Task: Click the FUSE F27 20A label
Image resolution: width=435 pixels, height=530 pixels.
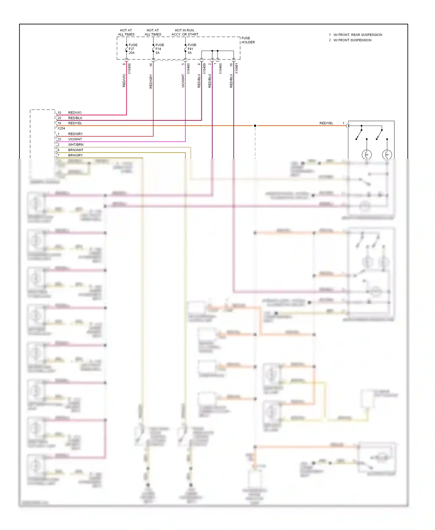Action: point(133,49)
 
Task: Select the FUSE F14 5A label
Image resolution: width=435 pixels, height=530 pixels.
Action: point(159,49)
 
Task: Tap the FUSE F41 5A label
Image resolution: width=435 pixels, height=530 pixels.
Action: point(192,49)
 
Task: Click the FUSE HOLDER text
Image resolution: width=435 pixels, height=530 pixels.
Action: point(248,40)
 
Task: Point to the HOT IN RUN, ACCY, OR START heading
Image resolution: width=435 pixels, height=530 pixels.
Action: point(185,32)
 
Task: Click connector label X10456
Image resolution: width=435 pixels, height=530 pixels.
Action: point(129,69)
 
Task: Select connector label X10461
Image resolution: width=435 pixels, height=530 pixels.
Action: point(236,69)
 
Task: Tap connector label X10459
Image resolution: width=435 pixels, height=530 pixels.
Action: point(204,69)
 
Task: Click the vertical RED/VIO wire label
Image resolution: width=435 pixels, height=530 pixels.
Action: point(124,81)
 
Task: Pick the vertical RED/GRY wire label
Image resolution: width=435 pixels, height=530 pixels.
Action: point(151,81)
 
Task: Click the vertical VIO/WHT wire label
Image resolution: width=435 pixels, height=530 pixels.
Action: point(183,81)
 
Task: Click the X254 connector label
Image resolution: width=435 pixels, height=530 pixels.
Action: point(61,128)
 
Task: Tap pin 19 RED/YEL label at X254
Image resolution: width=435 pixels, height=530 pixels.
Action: point(75,123)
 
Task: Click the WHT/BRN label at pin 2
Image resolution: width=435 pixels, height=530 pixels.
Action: point(76,145)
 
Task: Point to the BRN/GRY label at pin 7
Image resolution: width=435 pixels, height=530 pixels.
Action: point(75,155)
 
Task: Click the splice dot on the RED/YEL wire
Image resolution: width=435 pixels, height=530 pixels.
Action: point(255,126)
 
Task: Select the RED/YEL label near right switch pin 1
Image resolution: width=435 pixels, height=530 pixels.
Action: point(326,123)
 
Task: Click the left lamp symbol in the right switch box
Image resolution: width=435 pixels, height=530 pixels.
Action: point(367,155)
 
